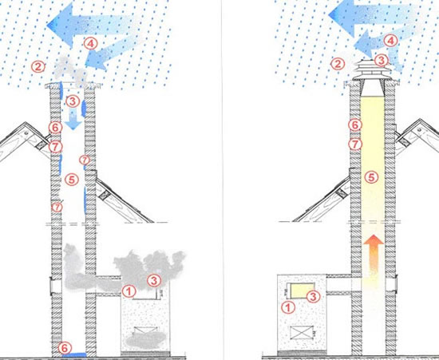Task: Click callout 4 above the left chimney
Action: click(90, 44)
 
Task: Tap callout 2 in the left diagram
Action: click(38, 67)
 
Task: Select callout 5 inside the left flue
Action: click(72, 180)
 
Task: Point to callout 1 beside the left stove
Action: click(129, 291)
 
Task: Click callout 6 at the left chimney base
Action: click(65, 348)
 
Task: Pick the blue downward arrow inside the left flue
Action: click(73, 120)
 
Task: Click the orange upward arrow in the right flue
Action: click(374, 255)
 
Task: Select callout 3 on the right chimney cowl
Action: click(381, 60)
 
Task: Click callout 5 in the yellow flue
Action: click(371, 177)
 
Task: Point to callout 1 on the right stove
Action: click(288, 307)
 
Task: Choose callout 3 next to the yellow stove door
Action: click(314, 296)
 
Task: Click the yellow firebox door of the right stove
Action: click(302, 291)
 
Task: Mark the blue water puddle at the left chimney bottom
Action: click(74, 354)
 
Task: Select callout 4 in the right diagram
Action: click(390, 41)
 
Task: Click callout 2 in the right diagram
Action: click(338, 64)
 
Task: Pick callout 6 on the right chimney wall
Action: click(355, 125)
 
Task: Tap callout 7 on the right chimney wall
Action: click(355, 144)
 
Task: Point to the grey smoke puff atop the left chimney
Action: click(71, 71)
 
